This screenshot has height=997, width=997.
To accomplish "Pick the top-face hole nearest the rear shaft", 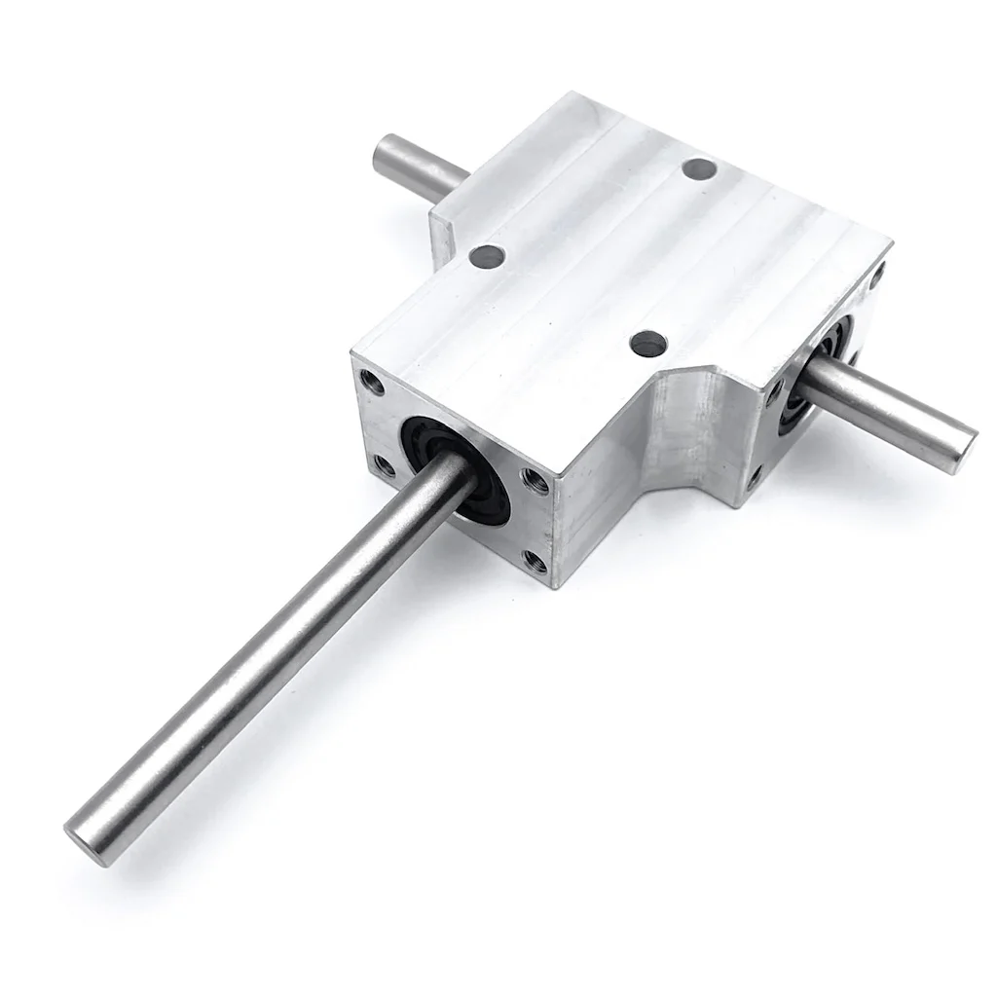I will (486, 257).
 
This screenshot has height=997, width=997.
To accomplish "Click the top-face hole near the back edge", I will (699, 169).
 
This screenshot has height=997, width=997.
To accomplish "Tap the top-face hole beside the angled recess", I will (647, 343).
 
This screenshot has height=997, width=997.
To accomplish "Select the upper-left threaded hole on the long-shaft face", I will (370, 382).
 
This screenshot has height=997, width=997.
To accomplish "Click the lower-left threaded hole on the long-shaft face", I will (386, 465).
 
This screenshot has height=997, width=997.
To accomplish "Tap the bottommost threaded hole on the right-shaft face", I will (755, 476).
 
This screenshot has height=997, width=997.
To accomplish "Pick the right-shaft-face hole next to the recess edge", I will (776, 392).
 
